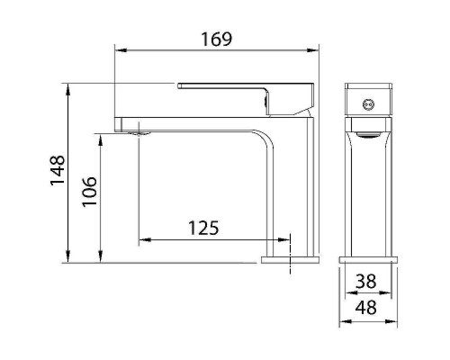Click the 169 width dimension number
[216, 39]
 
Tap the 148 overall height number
[58, 171]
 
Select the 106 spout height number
[89, 192]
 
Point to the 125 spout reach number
[203, 228]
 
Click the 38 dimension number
[365, 282]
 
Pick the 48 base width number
[365, 307]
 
